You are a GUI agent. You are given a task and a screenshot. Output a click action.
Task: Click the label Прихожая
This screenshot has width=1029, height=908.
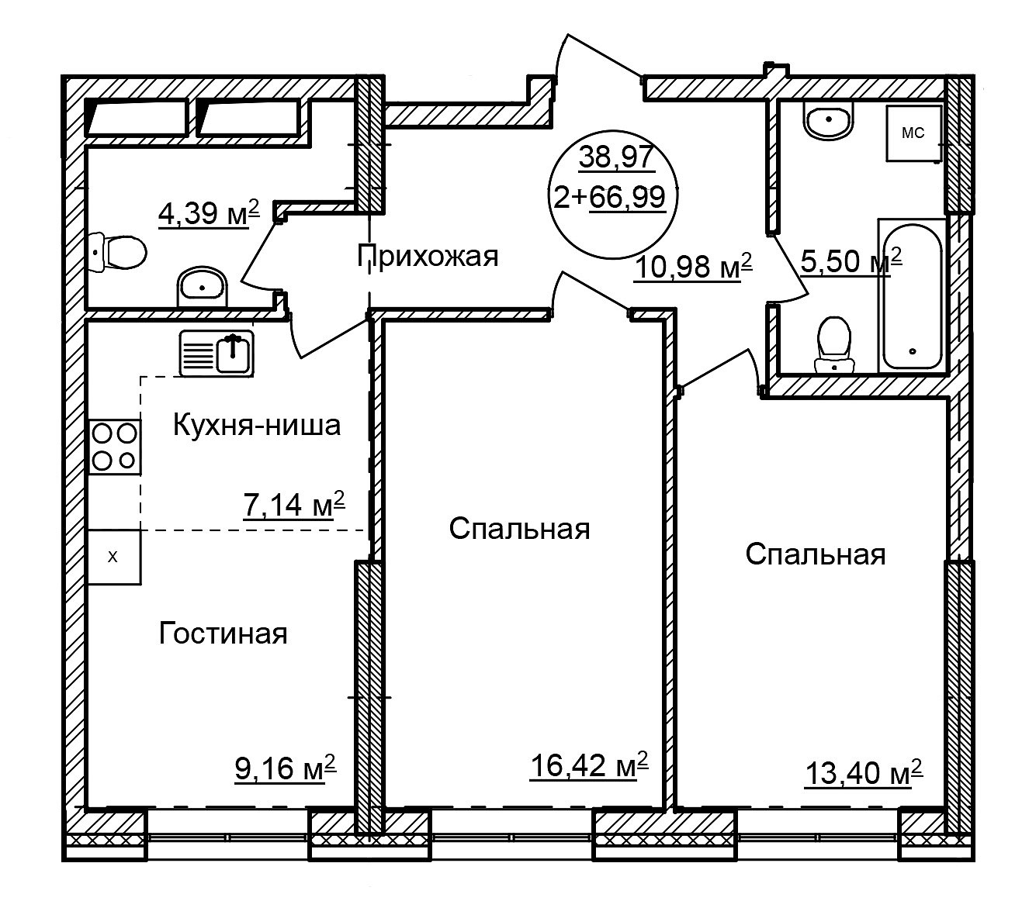[427, 257]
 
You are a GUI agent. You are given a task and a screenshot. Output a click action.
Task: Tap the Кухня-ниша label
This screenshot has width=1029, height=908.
[257, 426]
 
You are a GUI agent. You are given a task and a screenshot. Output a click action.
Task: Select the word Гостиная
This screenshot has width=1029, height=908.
[223, 634]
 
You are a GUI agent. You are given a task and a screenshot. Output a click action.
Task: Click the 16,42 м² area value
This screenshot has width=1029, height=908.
[589, 765]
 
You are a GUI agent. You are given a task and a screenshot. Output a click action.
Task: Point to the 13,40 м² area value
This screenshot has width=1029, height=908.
[864, 772]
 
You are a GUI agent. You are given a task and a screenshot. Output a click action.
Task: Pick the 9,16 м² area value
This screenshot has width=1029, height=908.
[286, 768]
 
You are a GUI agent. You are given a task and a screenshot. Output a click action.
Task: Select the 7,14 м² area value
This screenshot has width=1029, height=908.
[295, 504]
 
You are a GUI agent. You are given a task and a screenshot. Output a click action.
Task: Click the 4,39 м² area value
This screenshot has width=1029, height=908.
[209, 212]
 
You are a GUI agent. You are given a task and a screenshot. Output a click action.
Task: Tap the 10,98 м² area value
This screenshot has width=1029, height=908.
[693, 266]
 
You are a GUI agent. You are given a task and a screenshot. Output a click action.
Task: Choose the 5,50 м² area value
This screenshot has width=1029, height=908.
[851, 261]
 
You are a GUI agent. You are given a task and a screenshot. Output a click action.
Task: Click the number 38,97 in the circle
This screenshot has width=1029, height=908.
[615, 157]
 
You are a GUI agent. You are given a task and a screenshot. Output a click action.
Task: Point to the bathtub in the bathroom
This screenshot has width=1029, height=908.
[912, 296]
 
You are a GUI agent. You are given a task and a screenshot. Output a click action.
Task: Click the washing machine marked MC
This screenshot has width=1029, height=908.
[913, 133]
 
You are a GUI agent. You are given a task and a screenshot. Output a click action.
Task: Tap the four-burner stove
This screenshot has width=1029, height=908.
[115, 447]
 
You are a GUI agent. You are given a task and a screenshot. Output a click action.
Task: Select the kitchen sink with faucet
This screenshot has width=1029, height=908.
[217, 354]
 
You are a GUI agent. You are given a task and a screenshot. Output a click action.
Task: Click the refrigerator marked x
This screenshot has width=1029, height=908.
[114, 557]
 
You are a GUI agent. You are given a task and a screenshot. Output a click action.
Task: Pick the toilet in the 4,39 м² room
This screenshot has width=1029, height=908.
[117, 252]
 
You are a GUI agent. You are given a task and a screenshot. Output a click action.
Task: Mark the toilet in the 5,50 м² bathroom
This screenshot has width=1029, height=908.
[834, 345]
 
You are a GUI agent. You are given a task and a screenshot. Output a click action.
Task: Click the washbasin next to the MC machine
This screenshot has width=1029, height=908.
[828, 120]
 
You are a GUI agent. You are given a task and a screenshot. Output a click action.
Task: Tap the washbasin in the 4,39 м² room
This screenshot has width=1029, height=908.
[202, 287]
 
